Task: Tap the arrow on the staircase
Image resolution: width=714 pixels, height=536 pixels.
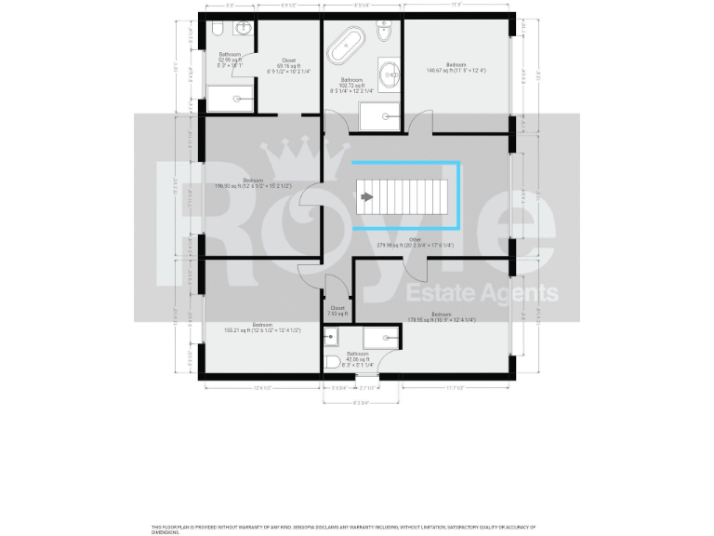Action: [367, 197]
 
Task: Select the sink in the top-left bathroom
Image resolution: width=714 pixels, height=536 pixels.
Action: [242, 28]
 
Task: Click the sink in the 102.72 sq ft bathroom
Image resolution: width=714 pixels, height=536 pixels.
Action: [390, 73]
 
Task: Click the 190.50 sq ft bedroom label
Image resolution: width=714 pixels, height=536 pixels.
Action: [253, 183]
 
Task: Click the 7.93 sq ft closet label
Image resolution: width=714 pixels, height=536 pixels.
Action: [337, 311]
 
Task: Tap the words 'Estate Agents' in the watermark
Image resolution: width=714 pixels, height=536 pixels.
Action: [483, 294]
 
